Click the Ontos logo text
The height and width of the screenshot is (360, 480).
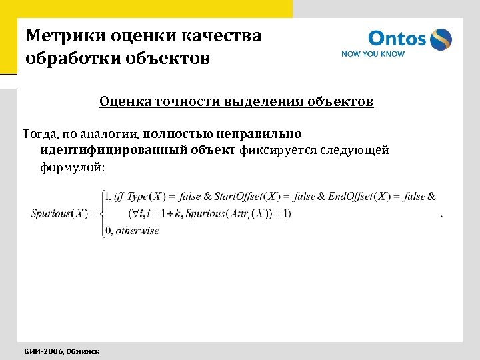397,38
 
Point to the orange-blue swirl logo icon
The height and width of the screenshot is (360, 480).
440,39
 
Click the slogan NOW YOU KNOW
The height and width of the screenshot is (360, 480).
373,54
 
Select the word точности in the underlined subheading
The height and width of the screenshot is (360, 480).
185,102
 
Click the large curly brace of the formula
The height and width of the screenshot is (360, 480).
101,213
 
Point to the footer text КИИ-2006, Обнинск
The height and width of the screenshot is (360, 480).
62,351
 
